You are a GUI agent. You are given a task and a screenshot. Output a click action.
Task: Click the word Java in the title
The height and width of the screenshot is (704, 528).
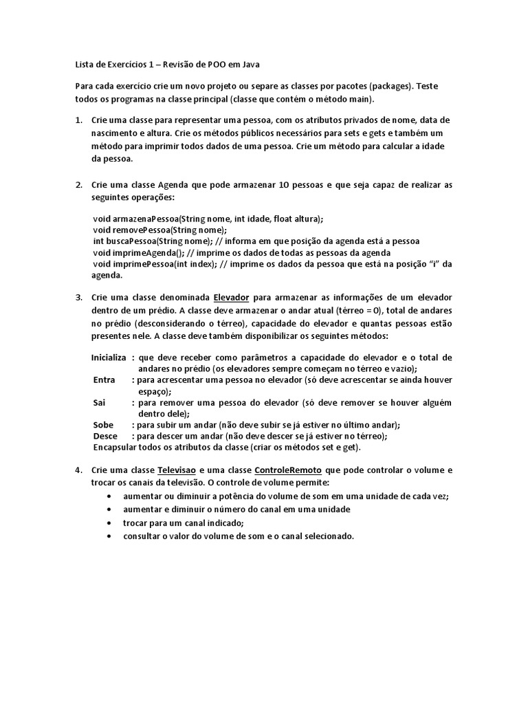[x=252, y=65]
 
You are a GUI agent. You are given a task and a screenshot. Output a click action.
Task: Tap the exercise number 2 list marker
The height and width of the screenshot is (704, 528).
[x=78, y=186]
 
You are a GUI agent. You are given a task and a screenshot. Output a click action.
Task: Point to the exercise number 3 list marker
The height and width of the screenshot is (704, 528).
[x=78, y=298]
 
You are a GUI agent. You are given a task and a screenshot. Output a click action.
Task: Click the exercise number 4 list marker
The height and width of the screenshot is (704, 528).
[x=78, y=470]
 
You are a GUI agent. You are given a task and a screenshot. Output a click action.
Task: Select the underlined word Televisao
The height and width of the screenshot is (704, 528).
[x=177, y=470]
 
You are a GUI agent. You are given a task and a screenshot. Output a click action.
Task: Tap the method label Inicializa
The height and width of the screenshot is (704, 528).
[x=109, y=357]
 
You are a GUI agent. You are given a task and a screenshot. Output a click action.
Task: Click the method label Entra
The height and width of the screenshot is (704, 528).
[x=104, y=379]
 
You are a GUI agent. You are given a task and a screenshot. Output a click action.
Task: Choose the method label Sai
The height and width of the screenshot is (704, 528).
[x=99, y=402]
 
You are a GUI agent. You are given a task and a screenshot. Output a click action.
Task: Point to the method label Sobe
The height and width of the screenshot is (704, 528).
[x=103, y=425]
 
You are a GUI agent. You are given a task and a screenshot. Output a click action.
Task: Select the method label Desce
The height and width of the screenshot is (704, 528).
[x=105, y=436]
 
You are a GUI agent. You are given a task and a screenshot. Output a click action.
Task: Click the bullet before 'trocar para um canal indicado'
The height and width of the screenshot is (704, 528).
[x=111, y=522]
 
